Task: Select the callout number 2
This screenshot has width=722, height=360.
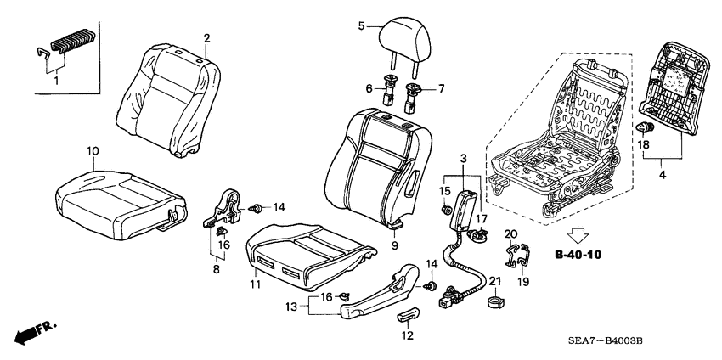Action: tap(206, 37)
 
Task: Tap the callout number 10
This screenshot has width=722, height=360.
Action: tap(93, 150)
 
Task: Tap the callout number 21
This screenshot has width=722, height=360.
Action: tap(495, 281)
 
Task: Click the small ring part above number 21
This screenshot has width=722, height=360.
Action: tap(494, 301)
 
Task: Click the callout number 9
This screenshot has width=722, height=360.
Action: tap(396, 245)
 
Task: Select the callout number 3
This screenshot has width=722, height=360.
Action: tap(463, 159)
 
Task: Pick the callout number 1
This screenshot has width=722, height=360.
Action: tap(57, 82)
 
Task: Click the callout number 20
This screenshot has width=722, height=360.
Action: tap(510, 233)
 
